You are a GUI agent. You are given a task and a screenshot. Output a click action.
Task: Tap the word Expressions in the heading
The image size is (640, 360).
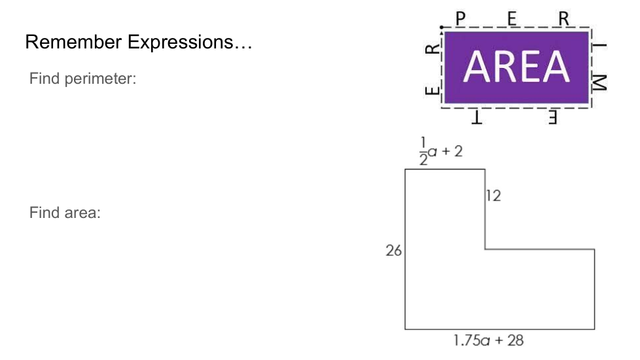coord(181,42)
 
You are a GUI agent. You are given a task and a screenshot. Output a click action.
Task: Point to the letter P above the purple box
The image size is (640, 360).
coord(461,19)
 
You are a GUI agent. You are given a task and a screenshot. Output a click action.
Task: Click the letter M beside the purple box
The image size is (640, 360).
coord(599,82)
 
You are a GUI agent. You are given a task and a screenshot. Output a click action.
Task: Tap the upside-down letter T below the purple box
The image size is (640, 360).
coord(477,117)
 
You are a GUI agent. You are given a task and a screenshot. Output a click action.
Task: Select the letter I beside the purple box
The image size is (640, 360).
coord(599,46)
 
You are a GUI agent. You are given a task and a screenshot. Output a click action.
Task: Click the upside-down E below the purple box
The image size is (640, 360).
coord(552,117)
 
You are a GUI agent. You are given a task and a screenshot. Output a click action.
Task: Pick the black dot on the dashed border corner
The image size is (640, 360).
coord(442,27)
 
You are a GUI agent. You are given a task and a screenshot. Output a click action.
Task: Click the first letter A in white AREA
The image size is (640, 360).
coord(477,67)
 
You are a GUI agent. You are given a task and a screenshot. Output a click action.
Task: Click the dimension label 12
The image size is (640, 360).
coord(493,196)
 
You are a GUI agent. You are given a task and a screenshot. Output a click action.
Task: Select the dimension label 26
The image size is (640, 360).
coord(393,251)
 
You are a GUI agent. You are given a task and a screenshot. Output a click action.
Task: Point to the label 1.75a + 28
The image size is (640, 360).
coord(489,340)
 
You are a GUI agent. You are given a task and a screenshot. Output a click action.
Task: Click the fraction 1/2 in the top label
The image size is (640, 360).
coord(423,151)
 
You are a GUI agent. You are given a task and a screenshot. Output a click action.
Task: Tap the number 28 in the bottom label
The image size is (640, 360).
coord(516,340)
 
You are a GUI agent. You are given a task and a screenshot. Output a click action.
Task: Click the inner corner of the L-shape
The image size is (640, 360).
coord(486,249)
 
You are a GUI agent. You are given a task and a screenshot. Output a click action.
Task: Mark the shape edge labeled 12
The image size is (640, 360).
coord(486,209)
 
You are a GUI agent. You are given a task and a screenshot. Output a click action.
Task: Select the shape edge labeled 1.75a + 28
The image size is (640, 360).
coord(499,329)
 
